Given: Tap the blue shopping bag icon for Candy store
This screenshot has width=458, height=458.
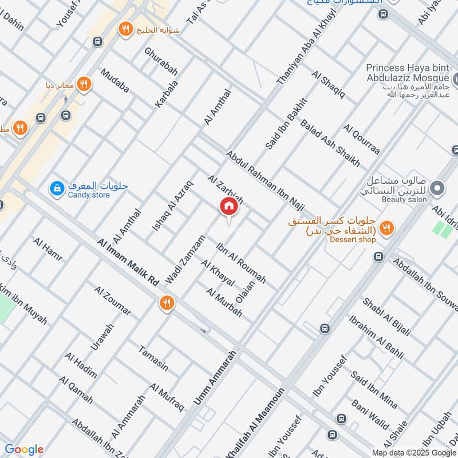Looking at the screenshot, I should pyautogui.click(x=57, y=188).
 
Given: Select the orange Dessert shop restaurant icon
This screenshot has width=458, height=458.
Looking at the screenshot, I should pyautogui.click(x=387, y=228).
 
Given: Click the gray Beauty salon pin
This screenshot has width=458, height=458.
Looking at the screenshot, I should pyautogui.click(x=437, y=188).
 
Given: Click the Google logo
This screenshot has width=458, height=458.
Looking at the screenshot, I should pyautogui.click(x=24, y=449).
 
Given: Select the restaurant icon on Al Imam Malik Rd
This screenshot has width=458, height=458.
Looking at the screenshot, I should pyautogui.click(x=167, y=303).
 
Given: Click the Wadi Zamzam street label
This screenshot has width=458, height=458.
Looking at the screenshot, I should pyautogui.click(x=185, y=259).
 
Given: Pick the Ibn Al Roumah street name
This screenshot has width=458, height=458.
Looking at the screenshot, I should pyautogui.click(x=241, y=263).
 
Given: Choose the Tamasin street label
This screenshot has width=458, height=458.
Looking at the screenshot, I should pyautogui.click(x=153, y=358).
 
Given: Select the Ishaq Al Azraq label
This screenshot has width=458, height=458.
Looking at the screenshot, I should pyautogui.click(x=173, y=207).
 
